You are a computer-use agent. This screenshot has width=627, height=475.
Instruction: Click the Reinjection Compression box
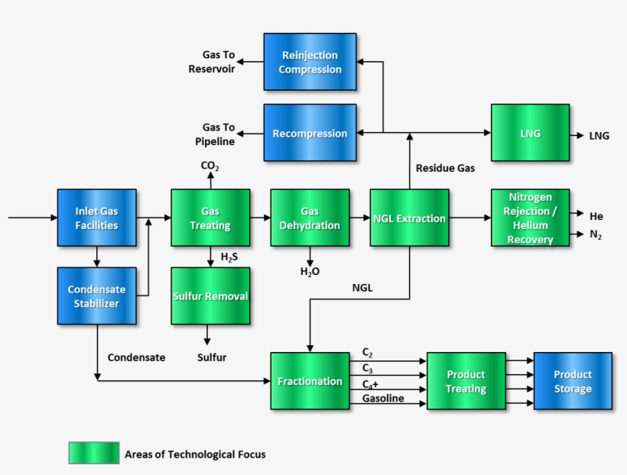click(x=310, y=62)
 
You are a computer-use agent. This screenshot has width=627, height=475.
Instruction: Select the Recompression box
click(x=310, y=133)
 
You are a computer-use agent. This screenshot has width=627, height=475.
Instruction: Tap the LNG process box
click(x=530, y=133)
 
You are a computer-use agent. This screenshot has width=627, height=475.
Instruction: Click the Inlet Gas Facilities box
click(x=96, y=218)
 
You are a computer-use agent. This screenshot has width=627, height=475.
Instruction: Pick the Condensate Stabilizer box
click(x=96, y=296)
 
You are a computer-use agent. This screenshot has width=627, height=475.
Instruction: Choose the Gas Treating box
click(x=210, y=218)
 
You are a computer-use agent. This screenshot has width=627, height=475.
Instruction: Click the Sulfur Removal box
click(x=210, y=296)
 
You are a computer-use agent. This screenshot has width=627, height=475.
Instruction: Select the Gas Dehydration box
click(x=309, y=218)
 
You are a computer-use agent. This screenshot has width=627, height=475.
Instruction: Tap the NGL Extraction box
click(x=409, y=218)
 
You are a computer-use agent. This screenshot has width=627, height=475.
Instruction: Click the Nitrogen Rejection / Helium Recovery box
click(x=530, y=218)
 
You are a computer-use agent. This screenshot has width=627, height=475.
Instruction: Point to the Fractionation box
click(x=309, y=380)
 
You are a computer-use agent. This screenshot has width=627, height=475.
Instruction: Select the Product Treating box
click(x=466, y=380)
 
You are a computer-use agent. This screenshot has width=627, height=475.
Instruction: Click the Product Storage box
click(x=573, y=380)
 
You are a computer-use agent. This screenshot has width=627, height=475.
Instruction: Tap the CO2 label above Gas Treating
click(x=210, y=166)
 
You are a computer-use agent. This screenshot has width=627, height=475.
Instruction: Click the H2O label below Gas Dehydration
click(x=309, y=271)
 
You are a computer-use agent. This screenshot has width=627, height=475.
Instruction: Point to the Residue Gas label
click(x=445, y=167)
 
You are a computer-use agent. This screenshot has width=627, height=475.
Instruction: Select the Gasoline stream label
click(x=383, y=399)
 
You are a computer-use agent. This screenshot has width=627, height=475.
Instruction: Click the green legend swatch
click(x=93, y=454)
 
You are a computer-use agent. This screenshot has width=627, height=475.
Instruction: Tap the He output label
click(x=596, y=216)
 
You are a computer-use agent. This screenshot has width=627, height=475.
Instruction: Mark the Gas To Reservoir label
click(x=213, y=62)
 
